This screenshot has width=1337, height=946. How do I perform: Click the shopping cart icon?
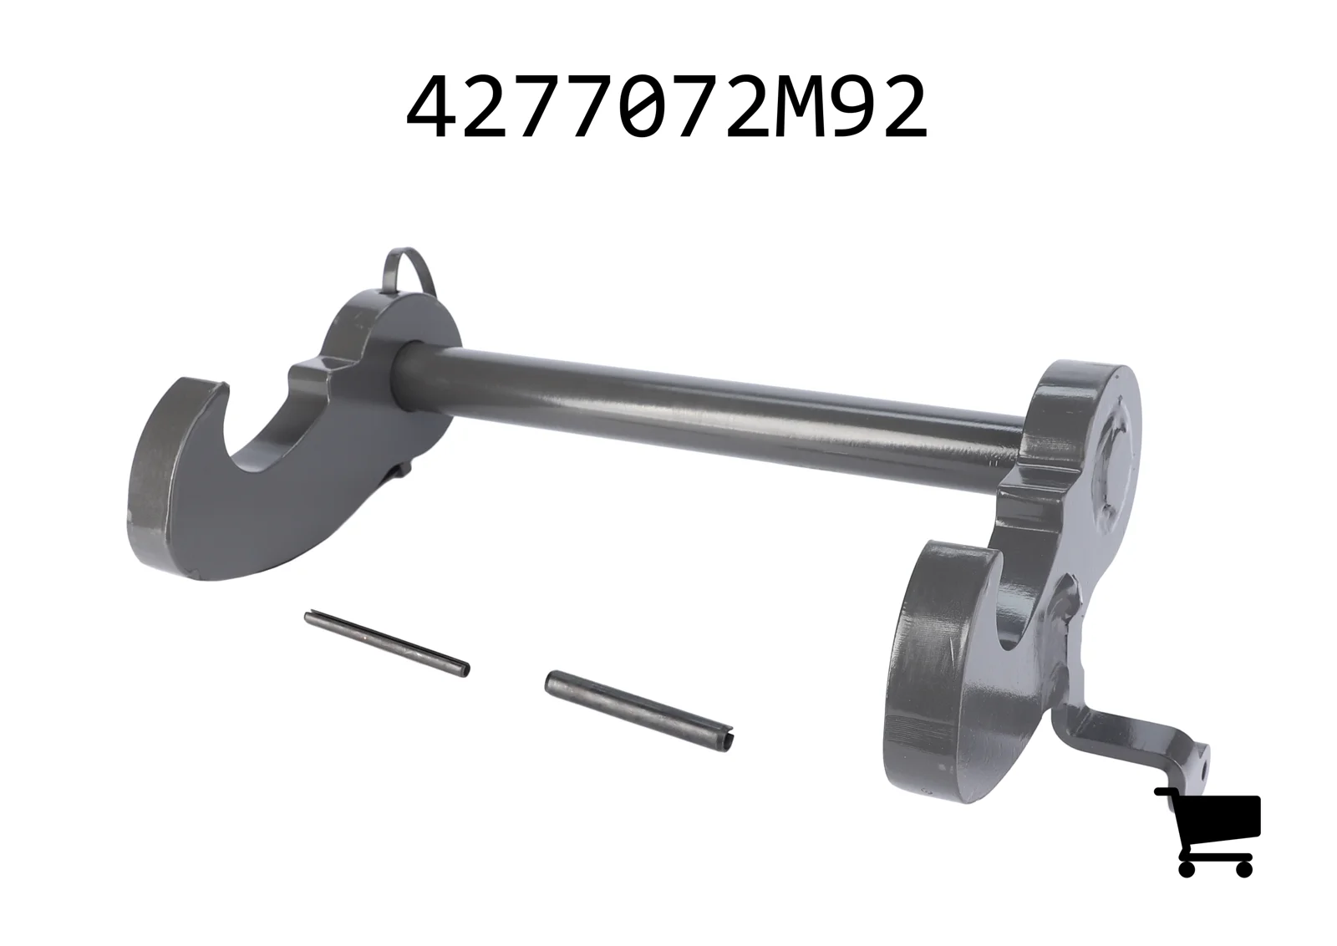(1207, 832)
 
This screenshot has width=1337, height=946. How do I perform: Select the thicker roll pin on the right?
(639, 711)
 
